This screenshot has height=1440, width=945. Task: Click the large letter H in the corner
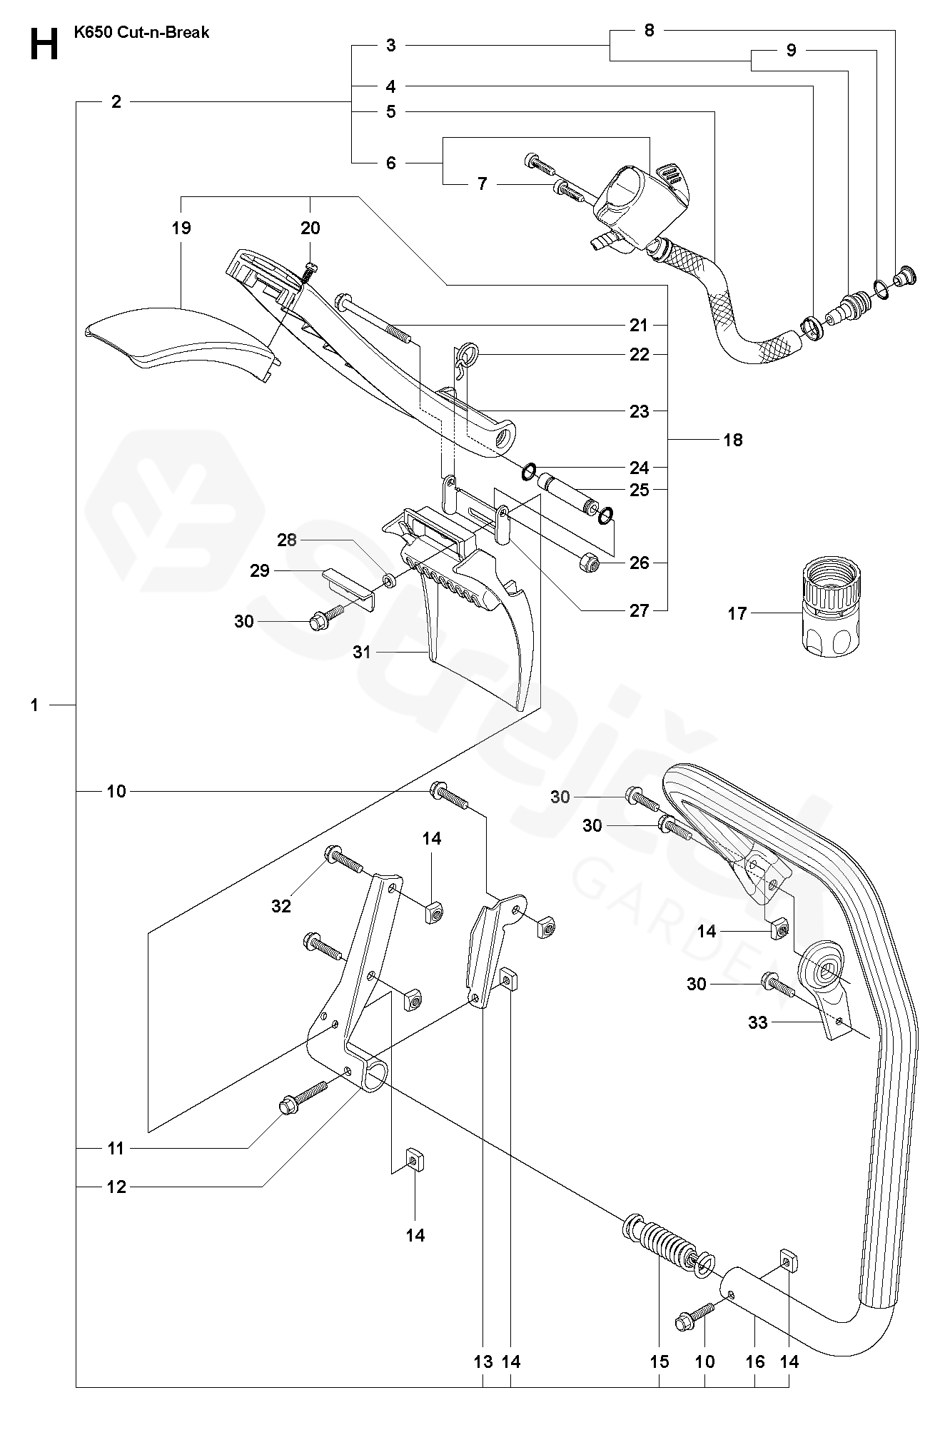pyautogui.click(x=44, y=44)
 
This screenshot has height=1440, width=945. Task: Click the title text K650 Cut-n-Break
pyautogui.click(x=141, y=32)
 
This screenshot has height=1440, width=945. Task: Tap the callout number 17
pyautogui.click(x=737, y=613)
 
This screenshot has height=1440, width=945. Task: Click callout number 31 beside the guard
pyautogui.click(x=362, y=651)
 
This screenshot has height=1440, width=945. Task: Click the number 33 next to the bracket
pyautogui.click(x=758, y=1022)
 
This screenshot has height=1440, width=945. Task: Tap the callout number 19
pyautogui.click(x=181, y=228)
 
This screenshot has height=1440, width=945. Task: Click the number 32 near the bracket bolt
pyautogui.click(x=281, y=905)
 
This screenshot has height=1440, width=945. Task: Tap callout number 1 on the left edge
pyautogui.click(x=34, y=705)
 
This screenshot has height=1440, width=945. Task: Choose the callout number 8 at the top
pyautogui.click(x=649, y=30)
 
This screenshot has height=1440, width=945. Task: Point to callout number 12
pyautogui.click(x=116, y=1187)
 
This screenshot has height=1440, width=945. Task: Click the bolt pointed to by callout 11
pyautogui.click(x=303, y=1097)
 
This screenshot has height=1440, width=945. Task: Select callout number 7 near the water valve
pyautogui.click(x=482, y=183)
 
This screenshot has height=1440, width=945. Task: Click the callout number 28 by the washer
pyautogui.click(x=287, y=540)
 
